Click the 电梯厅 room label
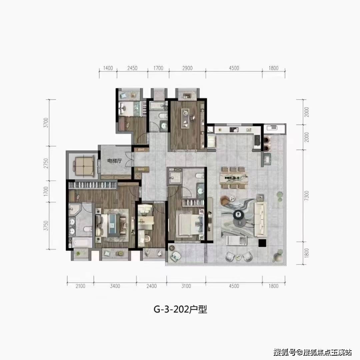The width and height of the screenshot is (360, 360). pos(114,161)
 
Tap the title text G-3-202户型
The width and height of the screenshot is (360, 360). pos(180,309)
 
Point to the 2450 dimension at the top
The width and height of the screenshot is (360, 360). pos(132,68)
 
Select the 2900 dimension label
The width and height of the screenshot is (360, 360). pos(187,68)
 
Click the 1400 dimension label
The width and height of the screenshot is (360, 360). pos(108,68)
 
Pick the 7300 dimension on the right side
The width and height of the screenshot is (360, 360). pos(306,196)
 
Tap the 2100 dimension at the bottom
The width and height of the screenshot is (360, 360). pos(80,286)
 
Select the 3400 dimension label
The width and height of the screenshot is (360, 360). pos(115,286)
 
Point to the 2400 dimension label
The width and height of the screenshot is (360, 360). pos(152,286)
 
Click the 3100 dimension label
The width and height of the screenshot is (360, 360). pos(186,286)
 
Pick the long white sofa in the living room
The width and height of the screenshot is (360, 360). pos(260,219)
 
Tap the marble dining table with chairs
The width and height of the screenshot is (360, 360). pos(234,178)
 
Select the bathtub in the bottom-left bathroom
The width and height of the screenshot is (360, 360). pos(82,242)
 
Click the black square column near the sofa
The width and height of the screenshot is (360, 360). pos(262,243)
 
